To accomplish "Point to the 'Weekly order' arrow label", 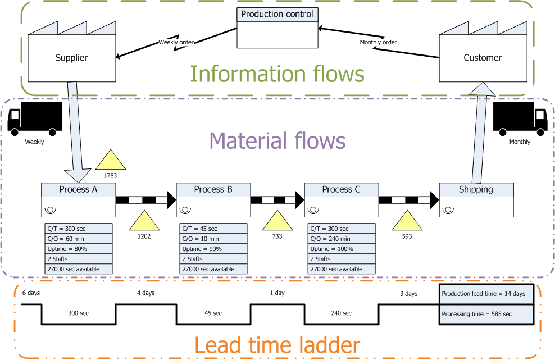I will click(176, 42).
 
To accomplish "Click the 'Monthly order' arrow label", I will click(378, 42).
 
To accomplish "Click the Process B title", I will click(213, 190).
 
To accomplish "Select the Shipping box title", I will click(476, 190).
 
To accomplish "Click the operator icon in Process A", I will click(51, 210).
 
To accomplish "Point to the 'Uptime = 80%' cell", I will click(78, 249).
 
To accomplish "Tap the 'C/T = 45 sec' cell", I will click(213, 229).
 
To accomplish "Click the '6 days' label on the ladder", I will click(31, 293).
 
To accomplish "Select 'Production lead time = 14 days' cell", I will click(485, 294).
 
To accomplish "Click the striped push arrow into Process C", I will click(277, 199).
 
